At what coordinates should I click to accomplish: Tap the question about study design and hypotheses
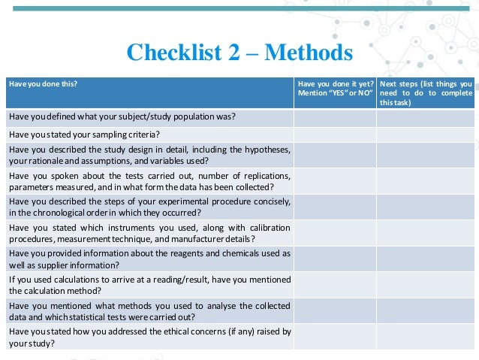pos(149,155)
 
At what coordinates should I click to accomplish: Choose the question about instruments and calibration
pos(149,233)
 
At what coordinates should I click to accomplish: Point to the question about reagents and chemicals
pos(149,259)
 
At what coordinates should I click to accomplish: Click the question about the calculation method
pos(149,284)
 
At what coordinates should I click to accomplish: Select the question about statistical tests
pos(149,310)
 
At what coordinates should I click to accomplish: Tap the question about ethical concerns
pos(149,336)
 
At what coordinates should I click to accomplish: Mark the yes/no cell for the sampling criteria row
pos(335,135)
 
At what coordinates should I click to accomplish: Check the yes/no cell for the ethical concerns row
pos(335,336)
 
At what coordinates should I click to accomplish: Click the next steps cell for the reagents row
pos(426,259)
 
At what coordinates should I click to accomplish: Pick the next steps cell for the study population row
pos(426,116)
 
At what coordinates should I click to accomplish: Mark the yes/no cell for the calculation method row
pos(335,284)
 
